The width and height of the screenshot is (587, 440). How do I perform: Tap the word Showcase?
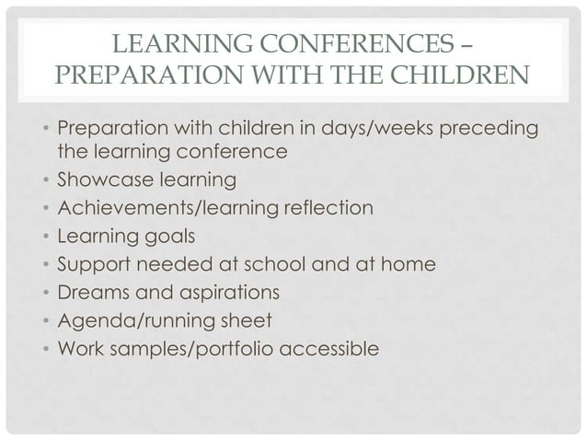(101, 178)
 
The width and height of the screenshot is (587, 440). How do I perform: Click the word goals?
(170, 237)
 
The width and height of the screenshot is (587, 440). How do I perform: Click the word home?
(409, 266)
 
